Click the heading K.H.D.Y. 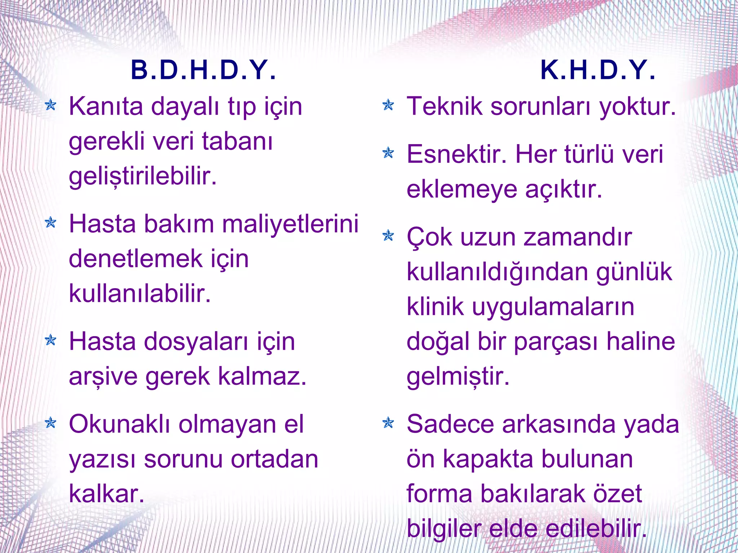[598, 70]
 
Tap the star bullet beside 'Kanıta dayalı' [51, 106]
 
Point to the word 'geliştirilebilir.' [143, 177]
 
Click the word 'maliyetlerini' [290, 224]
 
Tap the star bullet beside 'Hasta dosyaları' [51, 340]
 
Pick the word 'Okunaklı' [120, 424]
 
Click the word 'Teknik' [444, 107]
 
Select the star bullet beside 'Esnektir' [388, 153]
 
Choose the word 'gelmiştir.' [458, 377]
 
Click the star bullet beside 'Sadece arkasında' [388, 423]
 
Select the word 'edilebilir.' [596, 529]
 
